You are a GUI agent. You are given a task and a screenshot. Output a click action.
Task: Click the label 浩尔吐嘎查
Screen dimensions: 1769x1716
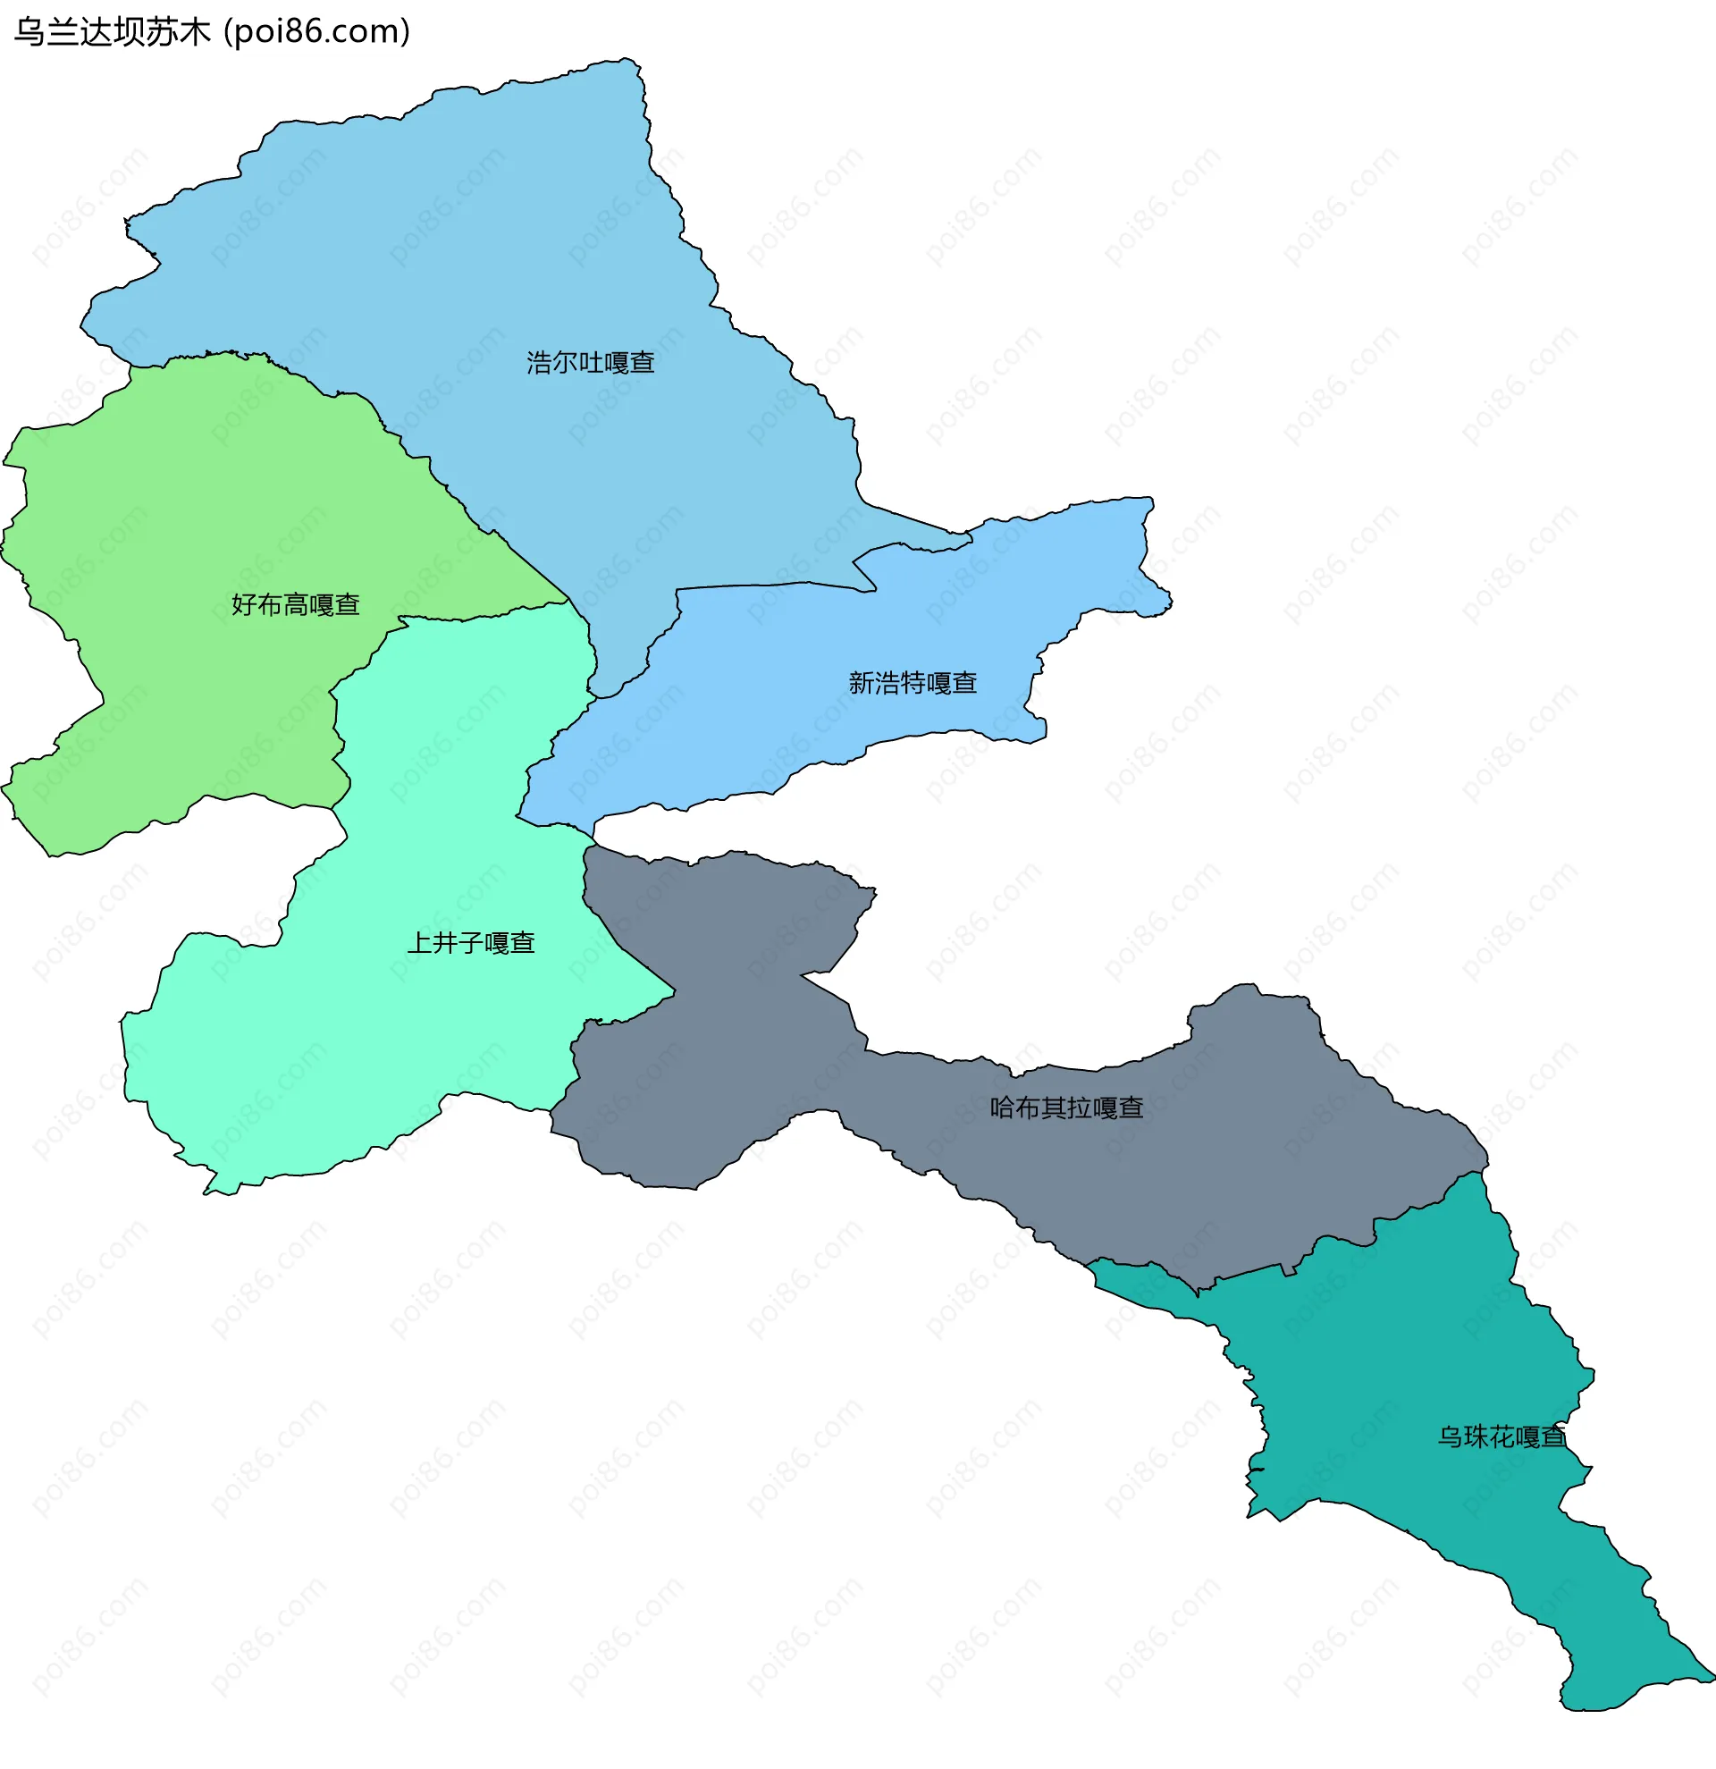590,363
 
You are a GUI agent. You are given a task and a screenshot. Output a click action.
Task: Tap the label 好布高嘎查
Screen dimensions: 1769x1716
295,604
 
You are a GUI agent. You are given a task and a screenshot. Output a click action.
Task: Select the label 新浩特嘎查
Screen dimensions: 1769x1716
913,683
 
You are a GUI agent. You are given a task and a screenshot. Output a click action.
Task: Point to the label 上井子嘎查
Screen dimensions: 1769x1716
471,943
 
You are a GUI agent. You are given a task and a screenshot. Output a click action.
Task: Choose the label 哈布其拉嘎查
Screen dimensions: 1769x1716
1066,1108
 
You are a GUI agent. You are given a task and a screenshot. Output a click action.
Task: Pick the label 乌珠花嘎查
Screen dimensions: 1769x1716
1501,1436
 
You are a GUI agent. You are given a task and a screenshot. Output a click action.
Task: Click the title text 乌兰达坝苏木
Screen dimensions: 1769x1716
112,31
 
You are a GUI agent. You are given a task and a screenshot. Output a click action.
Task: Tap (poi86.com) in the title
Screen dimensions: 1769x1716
316,31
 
